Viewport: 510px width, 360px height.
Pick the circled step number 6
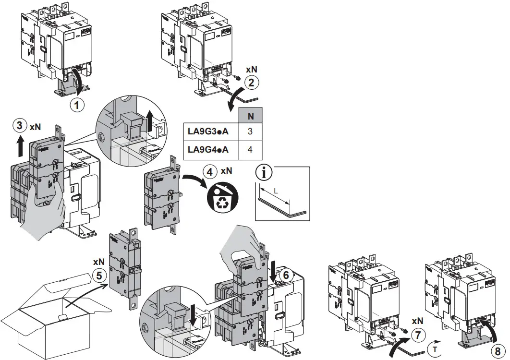[284, 275]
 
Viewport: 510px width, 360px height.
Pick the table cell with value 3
[251, 131]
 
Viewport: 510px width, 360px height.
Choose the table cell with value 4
[251, 150]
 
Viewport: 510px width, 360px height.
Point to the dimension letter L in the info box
[275, 191]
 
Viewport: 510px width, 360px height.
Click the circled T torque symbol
[435, 347]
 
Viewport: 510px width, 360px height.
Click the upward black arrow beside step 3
[20, 145]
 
